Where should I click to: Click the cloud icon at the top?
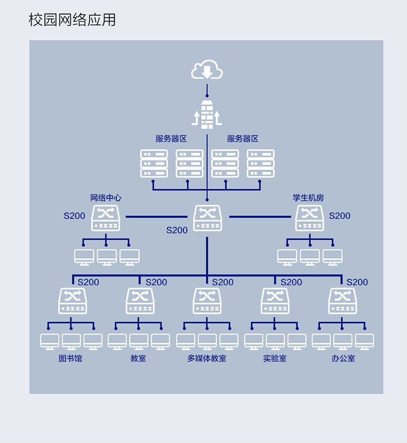coord(207,69)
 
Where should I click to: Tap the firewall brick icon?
coord(207,115)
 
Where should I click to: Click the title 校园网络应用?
coord(72,20)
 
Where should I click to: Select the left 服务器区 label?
coord(171,139)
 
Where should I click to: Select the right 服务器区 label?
coord(243,139)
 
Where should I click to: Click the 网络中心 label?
coord(105,198)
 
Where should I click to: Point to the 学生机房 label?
coord(308,198)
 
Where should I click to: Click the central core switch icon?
coord(208,218)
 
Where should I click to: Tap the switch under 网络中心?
coord(106,218)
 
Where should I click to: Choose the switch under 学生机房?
coord(310,218)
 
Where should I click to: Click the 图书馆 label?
coord(70,358)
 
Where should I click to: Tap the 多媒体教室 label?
coord(207,358)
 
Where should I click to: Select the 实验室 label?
coord(275,358)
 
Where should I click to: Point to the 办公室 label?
coord(343,358)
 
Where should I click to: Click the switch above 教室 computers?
coord(140,301)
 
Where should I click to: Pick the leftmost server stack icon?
coord(154,164)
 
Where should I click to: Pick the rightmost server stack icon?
coord(260,164)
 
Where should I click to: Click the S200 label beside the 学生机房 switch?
coord(339,216)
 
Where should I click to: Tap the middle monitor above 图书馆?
coord(71,342)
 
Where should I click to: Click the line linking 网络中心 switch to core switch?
coord(156,217)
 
